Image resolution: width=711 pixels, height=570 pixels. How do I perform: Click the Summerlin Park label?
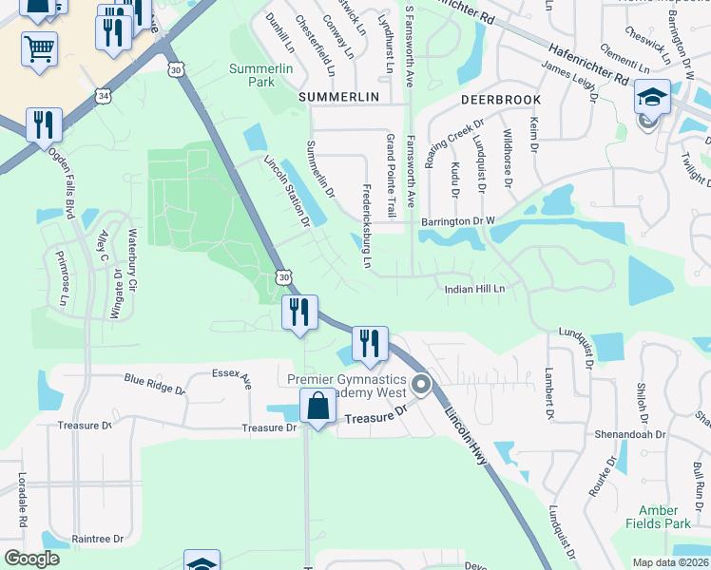(x=252, y=75)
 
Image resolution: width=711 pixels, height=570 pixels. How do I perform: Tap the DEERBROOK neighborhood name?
(x=501, y=100)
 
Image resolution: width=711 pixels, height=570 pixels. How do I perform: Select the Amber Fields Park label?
(x=664, y=517)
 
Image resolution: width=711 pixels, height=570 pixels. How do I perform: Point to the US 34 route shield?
(x=103, y=95)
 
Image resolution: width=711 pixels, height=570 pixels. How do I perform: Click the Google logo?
(x=31, y=559)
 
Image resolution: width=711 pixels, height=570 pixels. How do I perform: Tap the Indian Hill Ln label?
(x=472, y=288)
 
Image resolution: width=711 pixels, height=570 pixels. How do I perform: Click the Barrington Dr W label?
(x=458, y=221)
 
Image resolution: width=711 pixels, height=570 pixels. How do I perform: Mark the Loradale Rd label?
(x=21, y=502)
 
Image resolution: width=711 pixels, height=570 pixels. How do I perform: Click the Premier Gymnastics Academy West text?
(x=347, y=386)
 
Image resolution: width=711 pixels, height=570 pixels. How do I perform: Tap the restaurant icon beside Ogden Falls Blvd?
(x=44, y=124)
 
